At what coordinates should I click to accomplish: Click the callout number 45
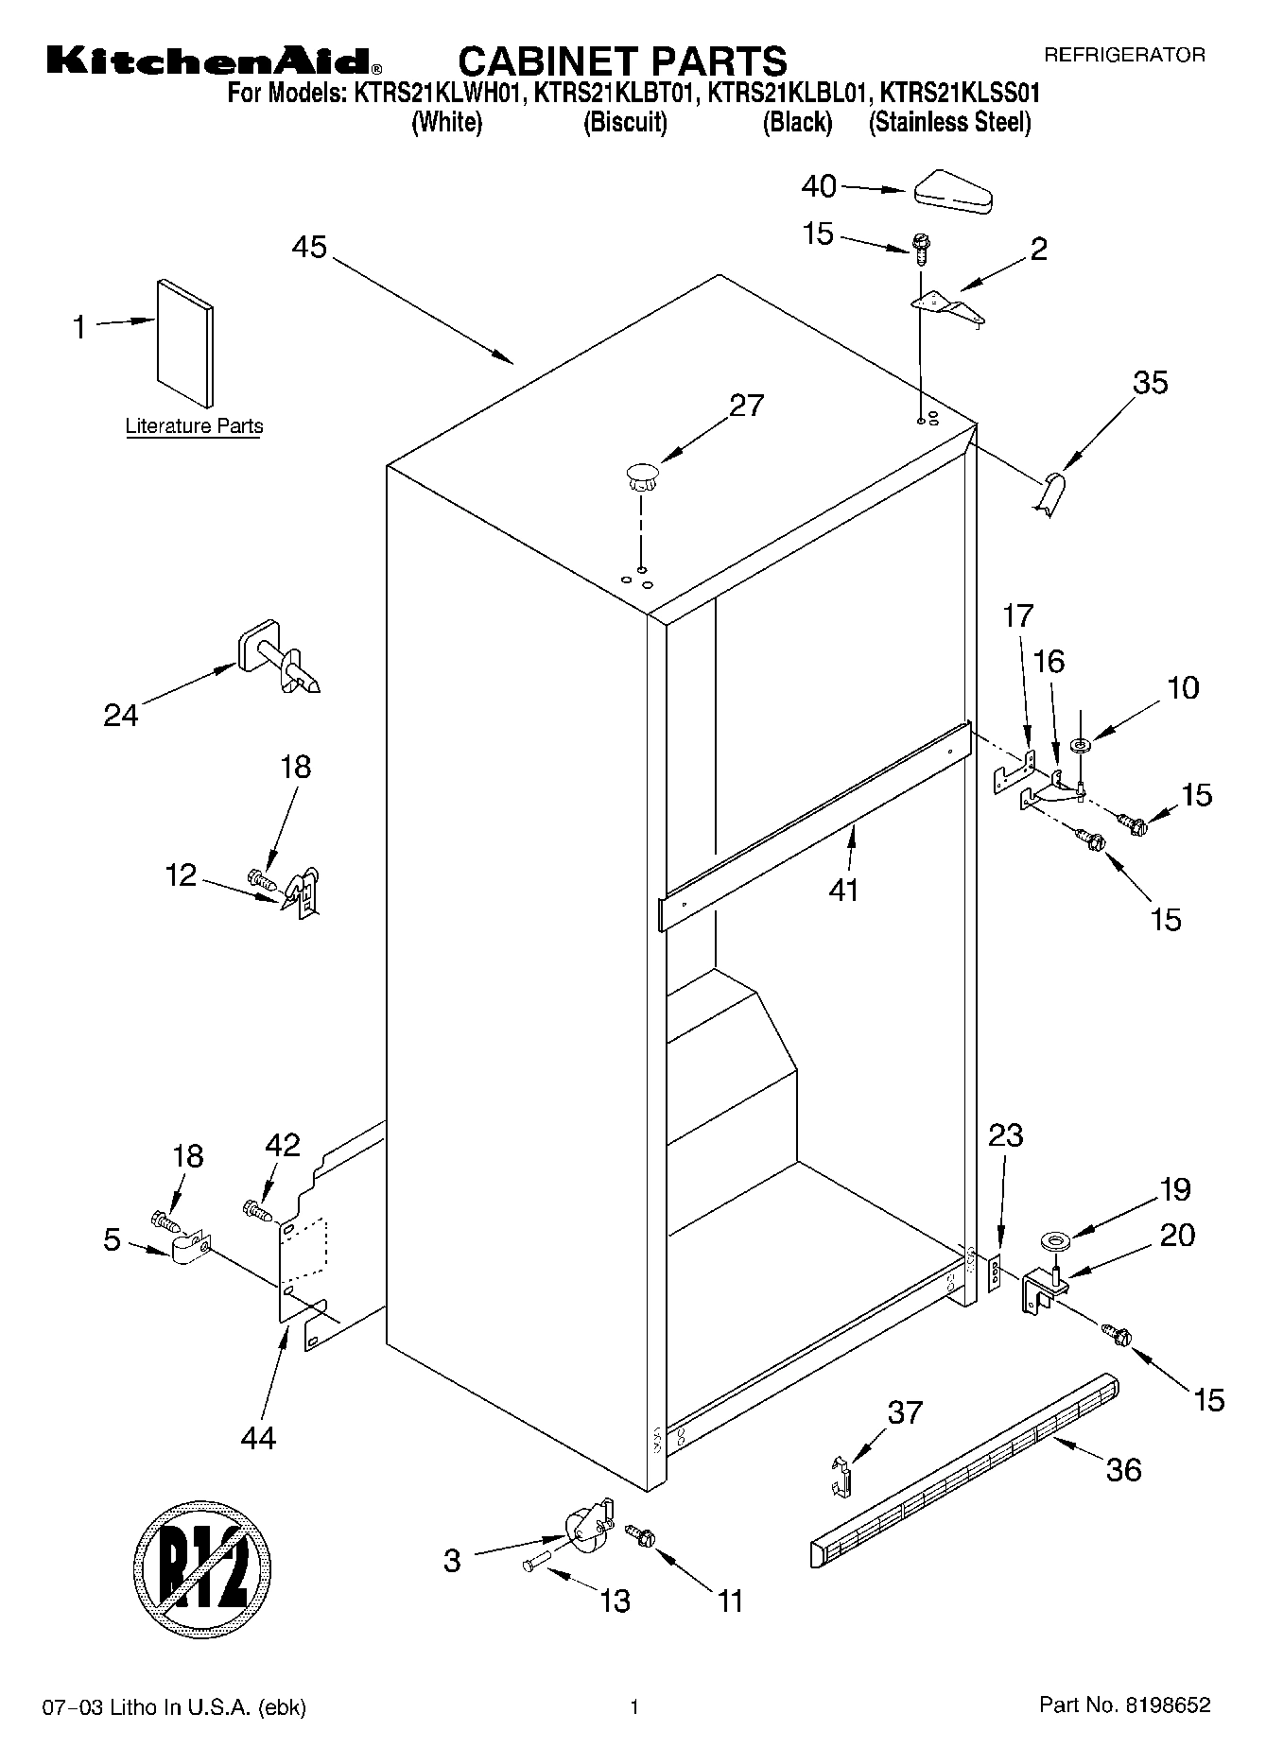pyautogui.click(x=309, y=248)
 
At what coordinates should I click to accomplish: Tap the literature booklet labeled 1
pyautogui.click(x=185, y=342)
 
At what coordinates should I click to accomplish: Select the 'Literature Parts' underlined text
pyautogui.click(x=194, y=426)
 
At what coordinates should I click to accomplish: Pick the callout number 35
pyautogui.click(x=1151, y=383)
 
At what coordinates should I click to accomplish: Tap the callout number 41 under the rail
pyautogui.click(x=842, y=890)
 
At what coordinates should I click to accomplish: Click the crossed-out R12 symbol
pyautogui.click(x=202, y=1556)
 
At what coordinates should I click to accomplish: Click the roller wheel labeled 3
pyautogui.click(x=585, y=1530)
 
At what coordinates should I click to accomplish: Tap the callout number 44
pyautogui.click(x=258, y=1438)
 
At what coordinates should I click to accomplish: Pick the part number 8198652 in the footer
pyautogui.click(x=1166, y=1705)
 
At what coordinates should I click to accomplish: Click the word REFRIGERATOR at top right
pyautogui.click(x=1124, y=55)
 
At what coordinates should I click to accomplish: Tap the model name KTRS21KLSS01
pyautogui.click(x=961, y=93)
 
